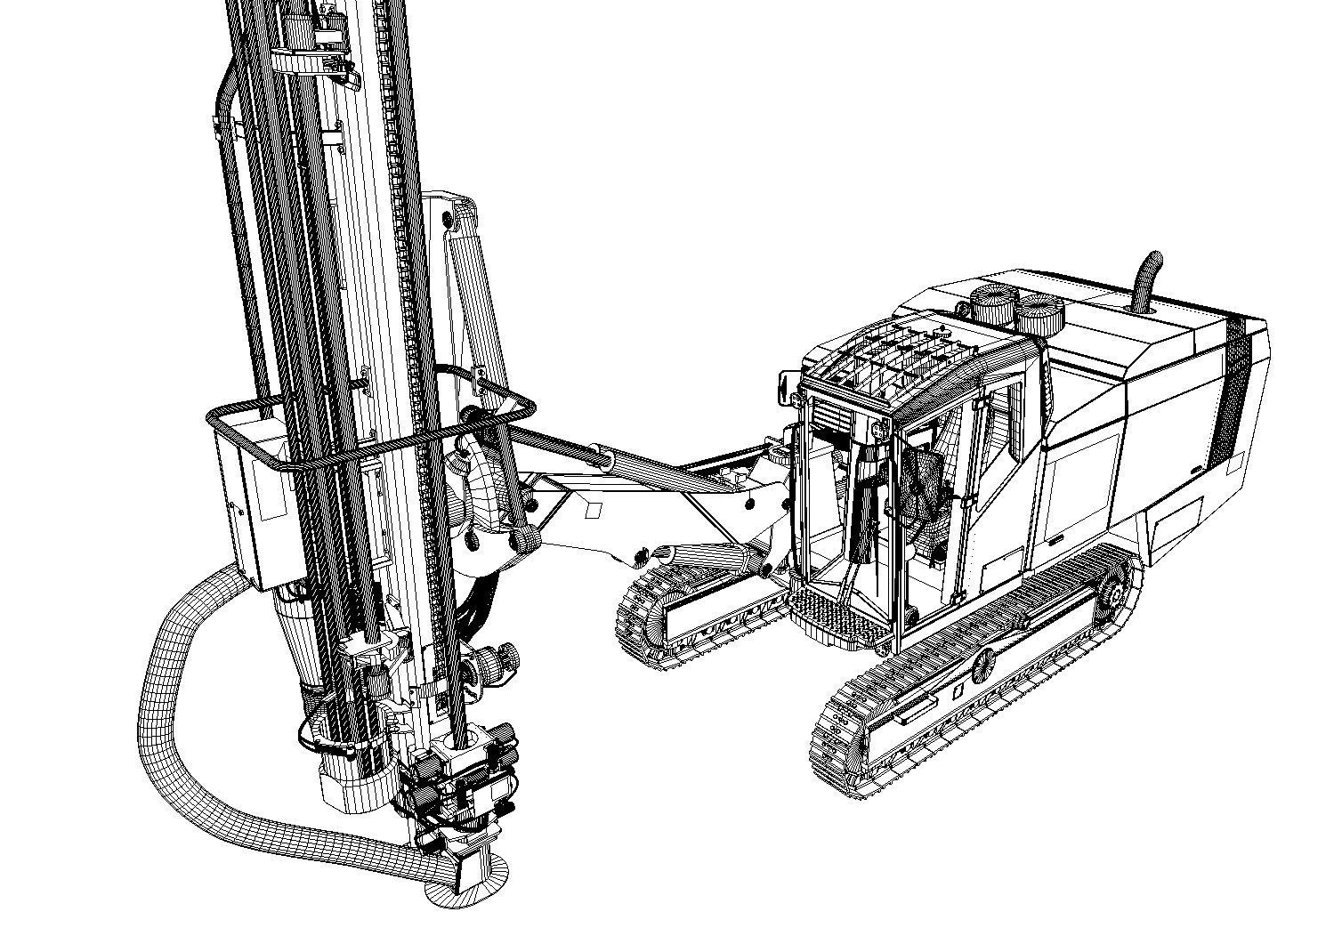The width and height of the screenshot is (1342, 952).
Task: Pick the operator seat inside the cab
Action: pos(921,485)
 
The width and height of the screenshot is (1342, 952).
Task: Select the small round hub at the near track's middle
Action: pos(982,664)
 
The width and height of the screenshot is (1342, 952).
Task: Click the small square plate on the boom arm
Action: pos(593,510)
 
